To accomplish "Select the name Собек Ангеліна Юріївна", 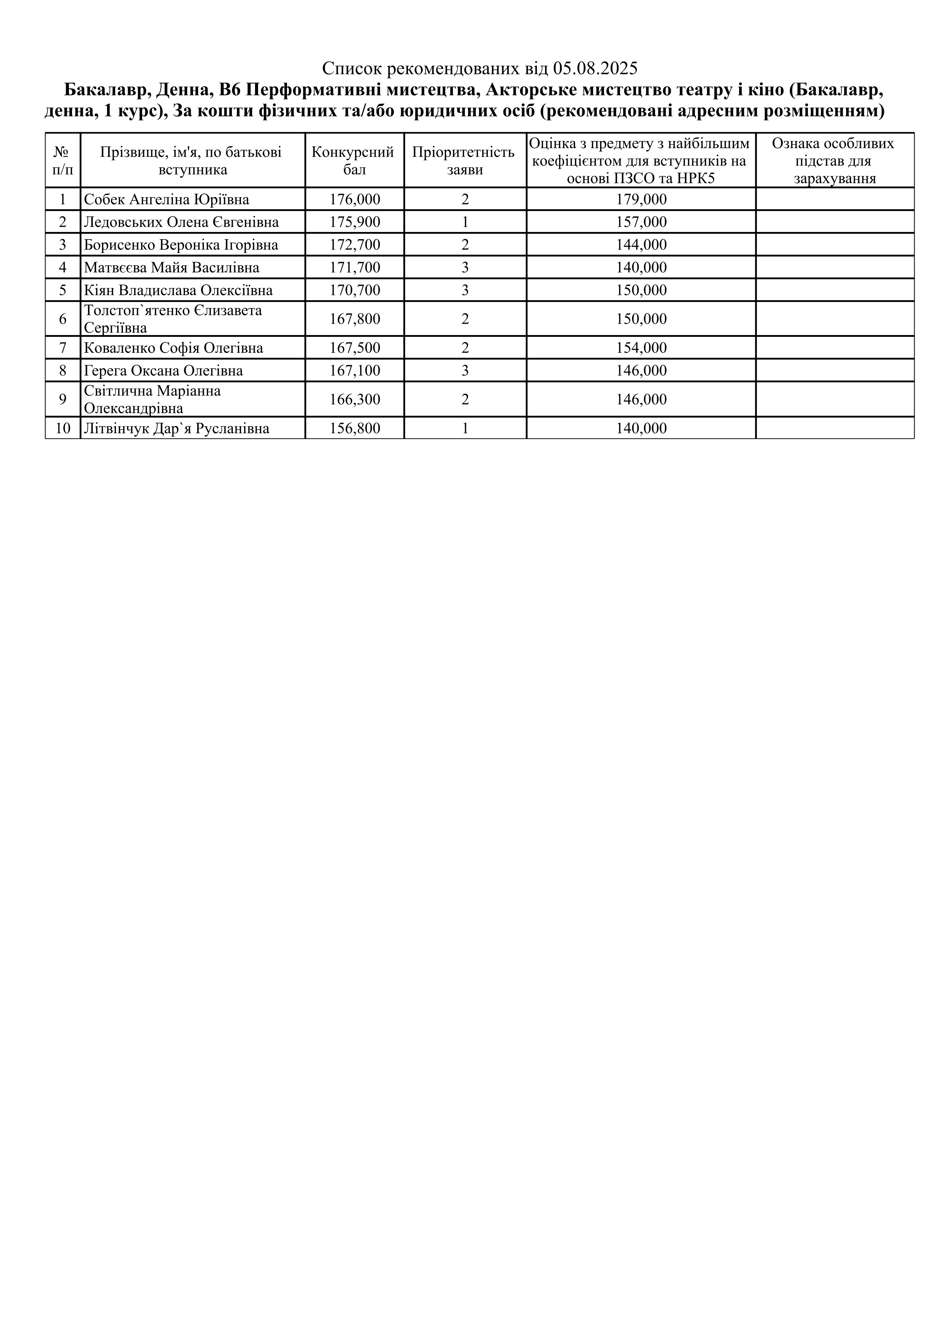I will click(167, 200).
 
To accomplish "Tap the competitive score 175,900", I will click(355, 222).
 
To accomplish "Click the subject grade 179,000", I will click(641, 200).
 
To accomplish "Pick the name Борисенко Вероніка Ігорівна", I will click(181, 245).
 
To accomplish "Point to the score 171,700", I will click(355, 268).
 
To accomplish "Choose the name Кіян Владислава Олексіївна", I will click(178, 290).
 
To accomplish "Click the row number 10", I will click(63, 428).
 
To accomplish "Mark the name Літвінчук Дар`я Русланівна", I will click(177, 428).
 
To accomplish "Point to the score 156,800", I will click(355, 428).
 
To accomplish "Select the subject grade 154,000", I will click(641, 348).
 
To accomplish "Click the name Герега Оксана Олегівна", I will click(163, 371).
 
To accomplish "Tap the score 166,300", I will click(355, 399).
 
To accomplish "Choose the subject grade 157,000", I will click(641, 222).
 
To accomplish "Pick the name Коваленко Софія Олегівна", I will click(174, 348).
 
